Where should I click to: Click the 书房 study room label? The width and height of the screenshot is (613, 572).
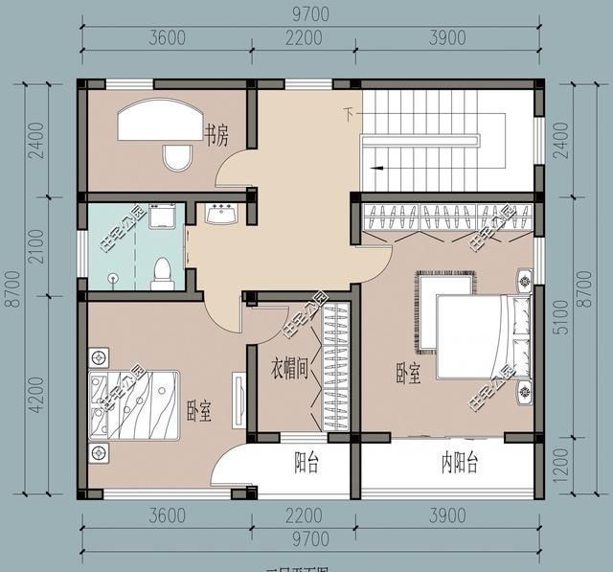click(216, 135)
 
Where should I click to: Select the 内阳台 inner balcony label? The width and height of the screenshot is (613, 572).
click(459, 465)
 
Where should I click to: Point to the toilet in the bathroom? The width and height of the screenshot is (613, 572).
click(162, 273)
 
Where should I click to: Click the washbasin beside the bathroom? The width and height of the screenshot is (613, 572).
click(222, 213)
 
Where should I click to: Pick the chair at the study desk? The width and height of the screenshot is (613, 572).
click(177, 157)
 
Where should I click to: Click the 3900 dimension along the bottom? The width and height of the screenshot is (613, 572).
click(446, 517)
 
